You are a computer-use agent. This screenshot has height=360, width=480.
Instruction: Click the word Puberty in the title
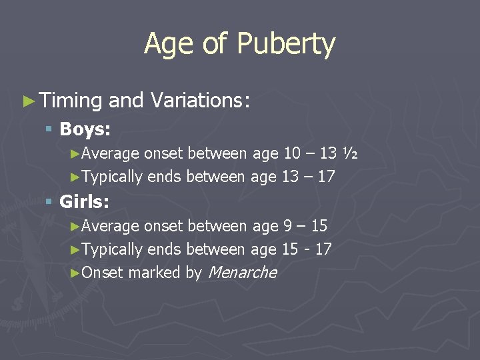[286, 44]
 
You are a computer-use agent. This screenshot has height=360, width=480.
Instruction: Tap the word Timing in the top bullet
[71, 101]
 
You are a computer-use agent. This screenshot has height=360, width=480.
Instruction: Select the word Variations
[200, 101]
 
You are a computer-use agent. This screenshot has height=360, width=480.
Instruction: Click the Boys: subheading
[85, 129]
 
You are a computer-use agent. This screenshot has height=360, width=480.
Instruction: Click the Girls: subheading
[85, 201]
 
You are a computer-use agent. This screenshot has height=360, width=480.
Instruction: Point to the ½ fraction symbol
[351, 153]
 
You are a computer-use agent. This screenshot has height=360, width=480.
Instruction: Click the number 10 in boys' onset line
[292, 153]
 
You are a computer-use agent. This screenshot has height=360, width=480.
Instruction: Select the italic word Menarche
[242, 273]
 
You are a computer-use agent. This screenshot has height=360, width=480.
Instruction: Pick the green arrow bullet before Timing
[27, 101]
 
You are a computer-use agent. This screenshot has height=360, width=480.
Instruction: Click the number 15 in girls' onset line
[319, 226]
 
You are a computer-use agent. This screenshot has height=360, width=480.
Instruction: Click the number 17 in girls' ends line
[323, 249]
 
